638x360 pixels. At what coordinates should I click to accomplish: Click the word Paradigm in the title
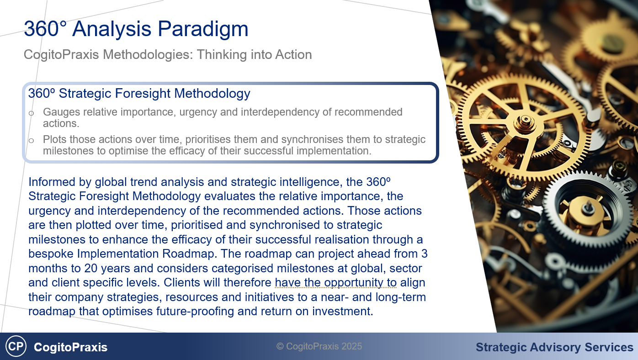[203, 29]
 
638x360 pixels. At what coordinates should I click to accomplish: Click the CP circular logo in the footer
[16, 346]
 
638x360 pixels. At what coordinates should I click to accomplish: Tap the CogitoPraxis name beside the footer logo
[71, 347]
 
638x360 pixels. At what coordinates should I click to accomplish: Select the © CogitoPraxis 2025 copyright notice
[319, 346]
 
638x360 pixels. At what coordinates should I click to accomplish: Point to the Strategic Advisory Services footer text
[554, 348]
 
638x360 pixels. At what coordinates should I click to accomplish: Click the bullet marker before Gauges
[32, 113]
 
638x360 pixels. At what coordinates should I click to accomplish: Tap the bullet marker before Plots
[32, 140]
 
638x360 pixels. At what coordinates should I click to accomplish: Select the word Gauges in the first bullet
[62, 112]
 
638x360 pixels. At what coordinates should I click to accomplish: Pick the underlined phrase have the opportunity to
[336, 282]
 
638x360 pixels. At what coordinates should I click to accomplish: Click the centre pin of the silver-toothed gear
[587, 208]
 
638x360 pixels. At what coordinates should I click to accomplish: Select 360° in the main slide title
[46, 29]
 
